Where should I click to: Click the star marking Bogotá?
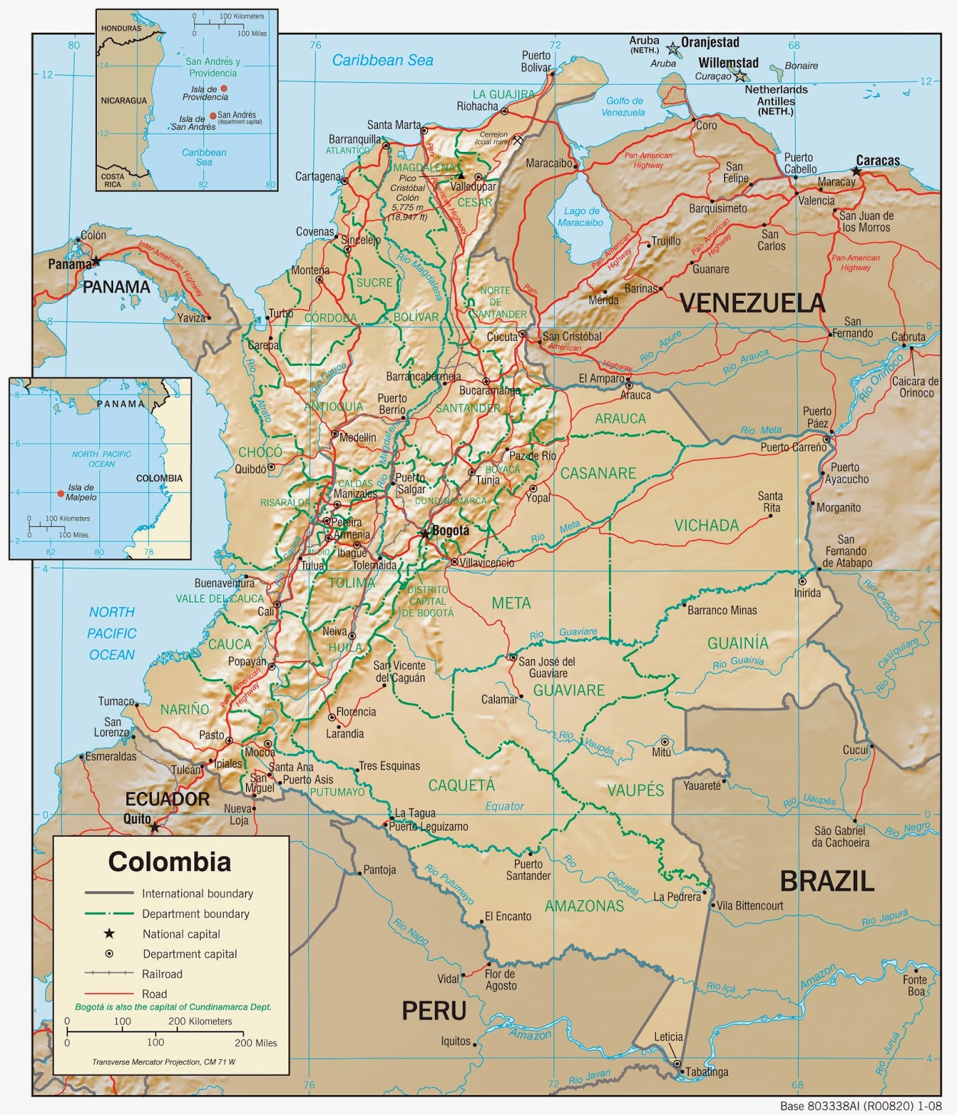[424, 534]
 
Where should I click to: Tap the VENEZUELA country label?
[751, 303]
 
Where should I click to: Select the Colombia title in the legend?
[169, 862]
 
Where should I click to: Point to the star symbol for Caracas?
[856, 171]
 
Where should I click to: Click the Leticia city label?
[668, 1037]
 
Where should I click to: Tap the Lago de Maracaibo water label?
[581, 217]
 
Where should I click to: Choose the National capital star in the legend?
[109, 934]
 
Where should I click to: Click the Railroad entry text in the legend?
[162, 974]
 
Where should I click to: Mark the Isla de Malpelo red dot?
[61, 493]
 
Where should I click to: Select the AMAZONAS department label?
[584, 906]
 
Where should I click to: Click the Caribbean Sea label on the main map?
[382, 61]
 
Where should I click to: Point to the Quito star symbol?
[155, 827]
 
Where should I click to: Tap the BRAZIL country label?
[827, 882]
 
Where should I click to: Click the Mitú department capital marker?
[664, 742]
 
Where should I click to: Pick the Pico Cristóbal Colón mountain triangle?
[461, 176]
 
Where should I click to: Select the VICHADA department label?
[706, 525]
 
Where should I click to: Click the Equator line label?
[504, 806]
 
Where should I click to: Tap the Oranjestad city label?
[710, 43]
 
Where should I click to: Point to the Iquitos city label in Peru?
[455, 1041]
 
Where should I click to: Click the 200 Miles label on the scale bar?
[256, 1043]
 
